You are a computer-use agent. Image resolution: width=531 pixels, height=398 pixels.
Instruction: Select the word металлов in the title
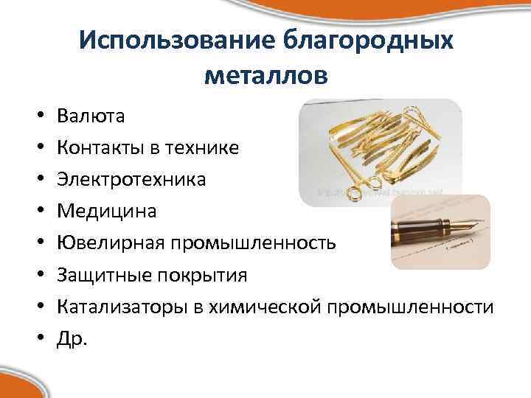pyautogui.click(x=265, y=74)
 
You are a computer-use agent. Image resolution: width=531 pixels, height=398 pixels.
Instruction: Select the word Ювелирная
pyautogui.click(x=110, y=242)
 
